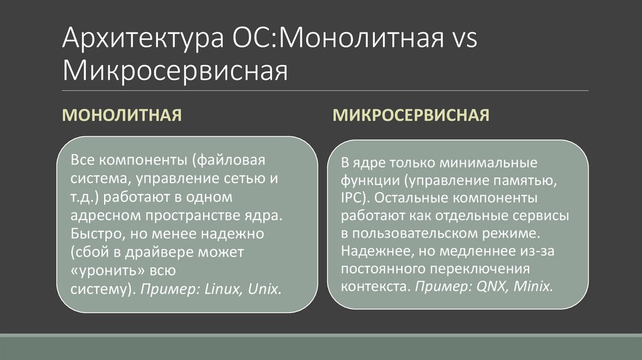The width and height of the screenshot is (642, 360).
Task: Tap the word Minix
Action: (533, 286)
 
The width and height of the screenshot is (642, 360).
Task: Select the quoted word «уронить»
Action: (107, 272)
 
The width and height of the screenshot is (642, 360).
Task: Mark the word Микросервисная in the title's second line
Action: (175, 71)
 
